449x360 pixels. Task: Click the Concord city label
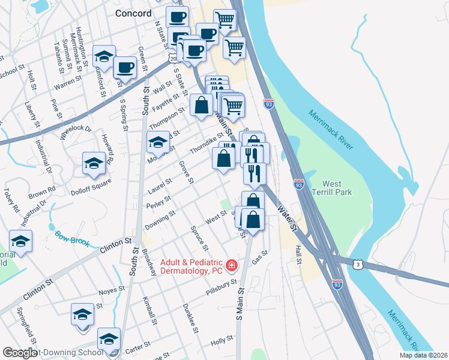(133, 13)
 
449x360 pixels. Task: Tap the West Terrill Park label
(336, 188)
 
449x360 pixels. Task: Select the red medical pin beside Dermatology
(231, 265)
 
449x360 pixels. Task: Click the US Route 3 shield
(357, 265)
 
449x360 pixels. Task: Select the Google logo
(20, 353)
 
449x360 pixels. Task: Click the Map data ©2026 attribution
(424, 355)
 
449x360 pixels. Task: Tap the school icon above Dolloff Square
(94, 164)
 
